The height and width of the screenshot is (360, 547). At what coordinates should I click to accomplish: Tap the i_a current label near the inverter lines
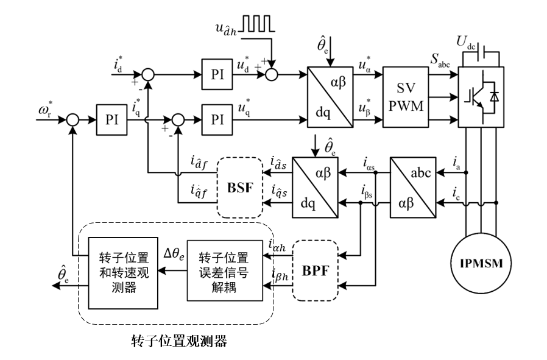[x=456, y=163]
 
